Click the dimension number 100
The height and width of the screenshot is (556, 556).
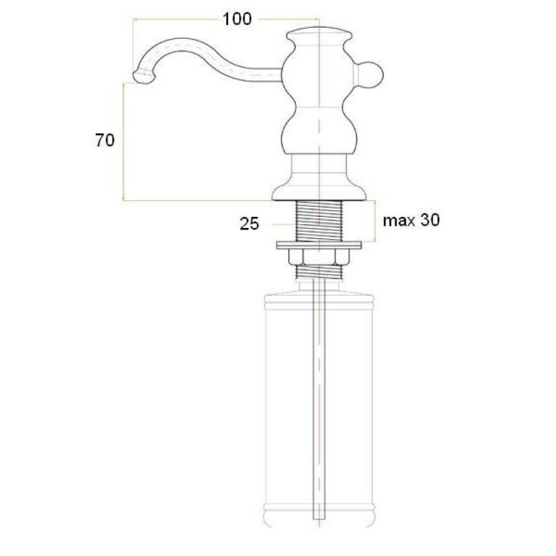237,19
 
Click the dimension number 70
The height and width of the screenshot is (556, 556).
104,140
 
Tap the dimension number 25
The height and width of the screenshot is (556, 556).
250,224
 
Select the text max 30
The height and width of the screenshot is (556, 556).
411,220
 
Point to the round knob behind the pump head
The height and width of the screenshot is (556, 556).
372,75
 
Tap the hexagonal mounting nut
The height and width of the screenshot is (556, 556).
319,256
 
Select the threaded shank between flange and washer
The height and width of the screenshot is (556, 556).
319,221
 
